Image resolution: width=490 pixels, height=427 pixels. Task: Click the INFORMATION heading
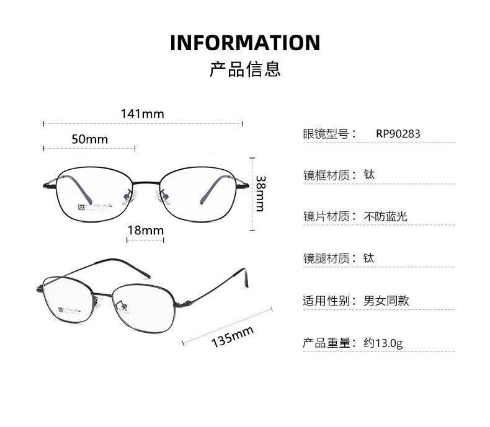click(x=245, y=43)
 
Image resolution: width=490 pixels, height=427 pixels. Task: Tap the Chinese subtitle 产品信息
click(x=245, y=68)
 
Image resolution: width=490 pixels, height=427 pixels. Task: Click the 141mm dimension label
click(x=143, y=113)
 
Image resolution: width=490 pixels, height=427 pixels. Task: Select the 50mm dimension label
click(x=89, y=139)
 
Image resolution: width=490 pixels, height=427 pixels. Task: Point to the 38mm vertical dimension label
click(x=261, y=193)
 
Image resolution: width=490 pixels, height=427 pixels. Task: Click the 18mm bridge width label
click(x=145, y=231)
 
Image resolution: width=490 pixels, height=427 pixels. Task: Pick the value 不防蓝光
click(x=385, y=216)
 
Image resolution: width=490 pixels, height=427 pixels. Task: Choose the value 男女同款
click(x=386, y=301)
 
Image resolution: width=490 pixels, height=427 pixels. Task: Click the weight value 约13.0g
click(x=383, y=343)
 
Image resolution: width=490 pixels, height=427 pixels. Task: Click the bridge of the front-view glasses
click(x=146, y=182)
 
